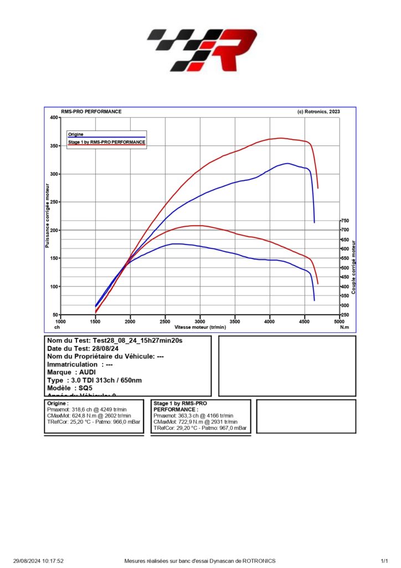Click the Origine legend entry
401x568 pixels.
coord(76,134)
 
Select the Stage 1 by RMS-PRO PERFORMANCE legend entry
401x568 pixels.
coord(107,142)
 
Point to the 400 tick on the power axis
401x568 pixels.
coord(54,118)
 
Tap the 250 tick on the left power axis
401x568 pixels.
coord(54,202)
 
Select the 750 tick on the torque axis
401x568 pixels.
coord(345,221)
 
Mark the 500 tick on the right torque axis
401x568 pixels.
coord(345,268)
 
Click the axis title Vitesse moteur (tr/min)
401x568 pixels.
coord(200,327)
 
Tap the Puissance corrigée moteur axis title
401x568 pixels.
coord(48,216)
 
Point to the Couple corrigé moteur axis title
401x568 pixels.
coord(353,266)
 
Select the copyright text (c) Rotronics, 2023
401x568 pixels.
coord(318,111)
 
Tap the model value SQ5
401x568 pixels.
coord(85,388)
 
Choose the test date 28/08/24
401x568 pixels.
coord(108,348)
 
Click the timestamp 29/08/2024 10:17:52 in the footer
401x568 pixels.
coord(39,561)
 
